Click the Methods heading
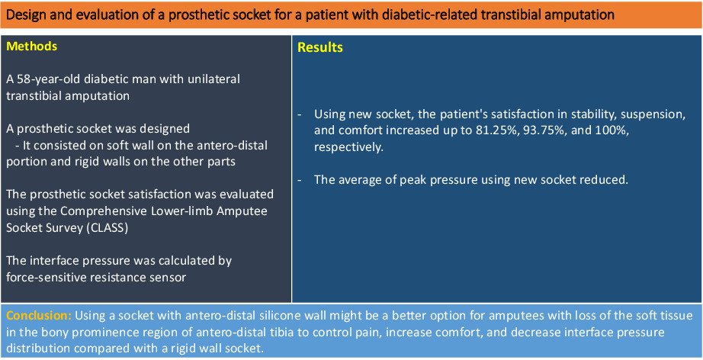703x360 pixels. click(x=32, y=47)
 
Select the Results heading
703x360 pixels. click(x=320, y=47)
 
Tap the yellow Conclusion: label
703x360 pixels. click(x=39, y=316)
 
